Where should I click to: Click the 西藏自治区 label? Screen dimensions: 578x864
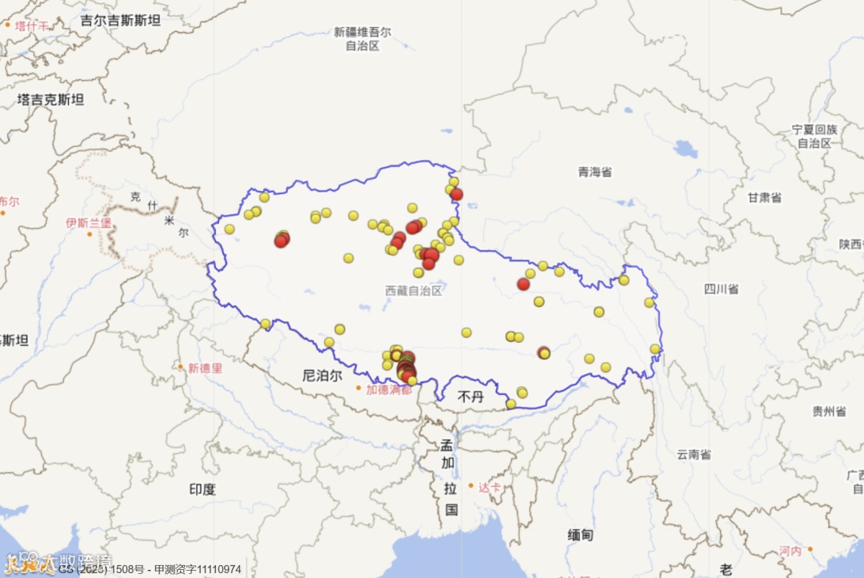tap(413, 291)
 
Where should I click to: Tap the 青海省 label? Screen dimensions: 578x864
tap(594, 172)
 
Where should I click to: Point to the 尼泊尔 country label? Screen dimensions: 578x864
tap(322, 374)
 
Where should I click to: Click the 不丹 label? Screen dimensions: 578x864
tap(470, 396)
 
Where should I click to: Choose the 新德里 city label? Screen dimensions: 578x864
tap(205, 369)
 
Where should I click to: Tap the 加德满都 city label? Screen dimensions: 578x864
tap(388, 390)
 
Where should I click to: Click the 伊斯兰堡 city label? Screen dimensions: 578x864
tap(89, 223)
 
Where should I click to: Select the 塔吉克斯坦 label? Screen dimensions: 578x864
tap(50, 100)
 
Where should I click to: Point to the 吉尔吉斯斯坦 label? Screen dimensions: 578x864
tap(120, 21)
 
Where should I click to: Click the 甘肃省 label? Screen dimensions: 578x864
tap(764, 197)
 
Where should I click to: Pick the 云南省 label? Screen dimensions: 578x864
tap(694, 454)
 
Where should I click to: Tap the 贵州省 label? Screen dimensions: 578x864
tap(829, 412)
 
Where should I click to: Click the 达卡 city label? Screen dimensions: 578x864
tap(490, 487)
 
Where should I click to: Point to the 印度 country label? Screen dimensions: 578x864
tap(202, 488)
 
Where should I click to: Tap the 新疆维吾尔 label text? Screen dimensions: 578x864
tap(362, 33)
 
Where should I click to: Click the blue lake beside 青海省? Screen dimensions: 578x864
tap(685, 149)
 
